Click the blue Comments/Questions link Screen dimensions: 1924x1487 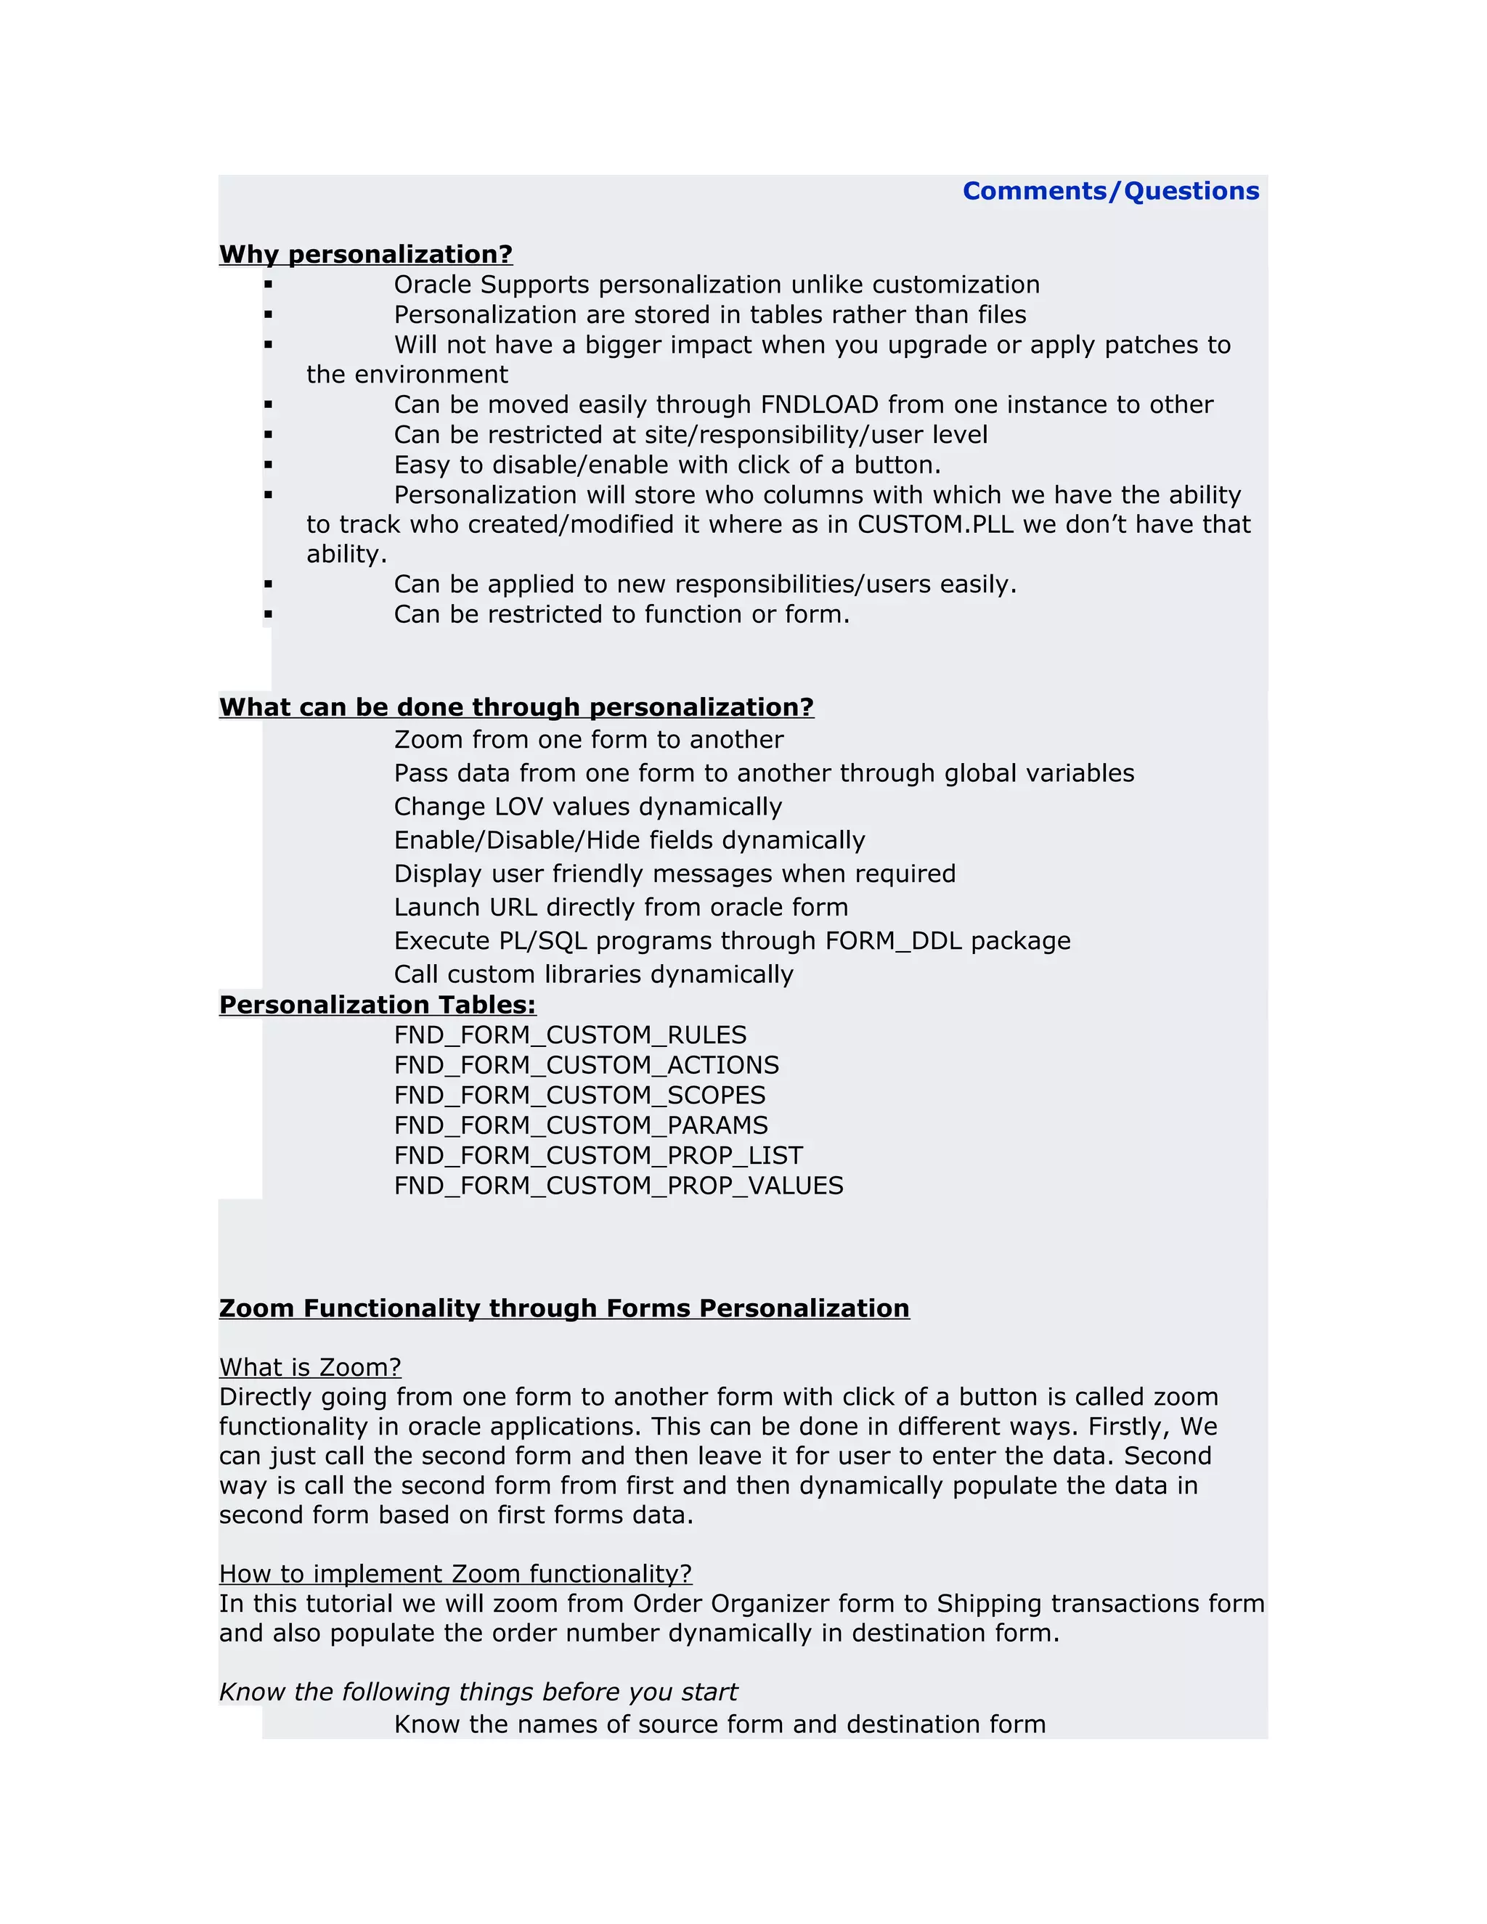(1110, 191)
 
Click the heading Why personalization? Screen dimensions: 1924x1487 (366, 255)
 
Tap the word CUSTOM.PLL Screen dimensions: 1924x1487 (935, 524)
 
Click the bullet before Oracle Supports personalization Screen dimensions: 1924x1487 (268, 285)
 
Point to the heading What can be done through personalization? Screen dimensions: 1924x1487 (516, 707)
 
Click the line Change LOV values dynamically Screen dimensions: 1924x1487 (587, 807)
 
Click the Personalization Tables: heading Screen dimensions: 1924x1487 (377, 1005)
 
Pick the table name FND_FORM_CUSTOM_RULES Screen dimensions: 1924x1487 (570, 1035)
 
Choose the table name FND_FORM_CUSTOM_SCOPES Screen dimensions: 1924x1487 (579, 1095)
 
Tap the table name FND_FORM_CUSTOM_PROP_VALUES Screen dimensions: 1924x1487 (619, 1186)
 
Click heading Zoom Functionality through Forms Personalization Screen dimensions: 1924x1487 (563, 1308)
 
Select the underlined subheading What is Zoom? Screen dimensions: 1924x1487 (310, 1367)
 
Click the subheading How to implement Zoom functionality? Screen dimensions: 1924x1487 (455, 1573)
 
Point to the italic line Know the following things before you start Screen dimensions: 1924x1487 (478, 1692)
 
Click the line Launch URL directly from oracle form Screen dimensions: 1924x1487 (621, 908)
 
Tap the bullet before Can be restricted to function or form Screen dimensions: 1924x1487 (268, 614)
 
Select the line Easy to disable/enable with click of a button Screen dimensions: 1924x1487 (667, 464)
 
